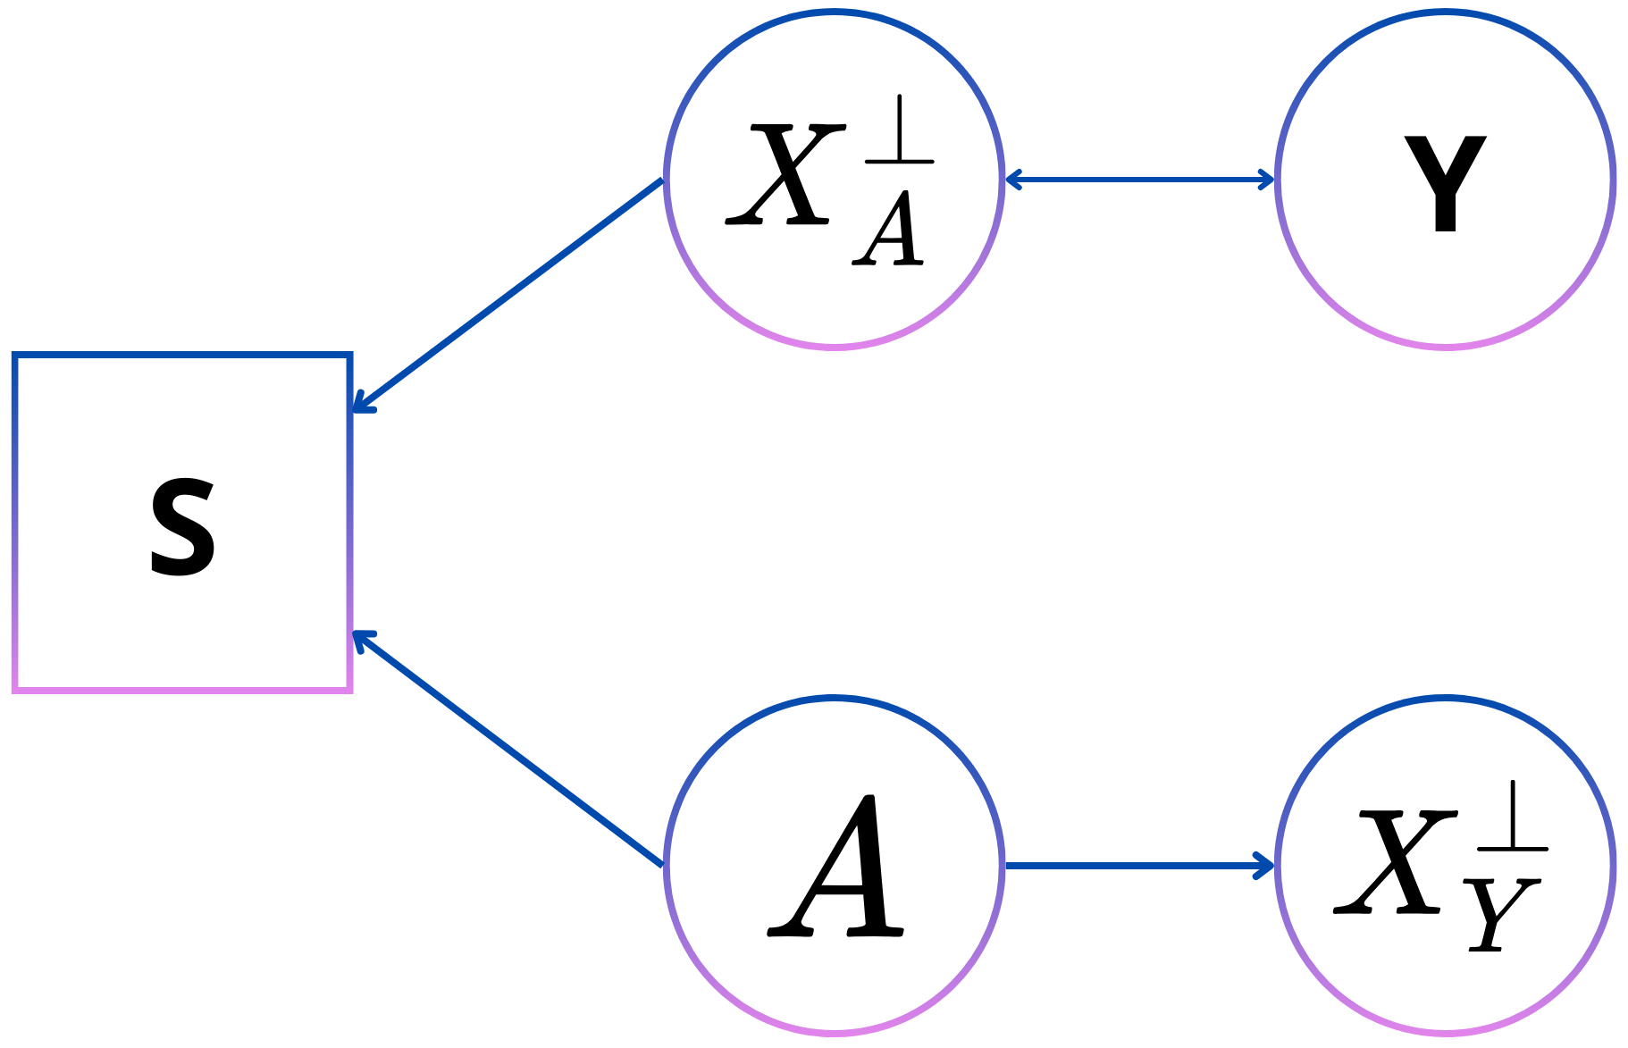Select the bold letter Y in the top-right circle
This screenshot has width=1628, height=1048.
pos(1445,185)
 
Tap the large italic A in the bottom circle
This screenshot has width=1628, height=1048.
pos(836,867)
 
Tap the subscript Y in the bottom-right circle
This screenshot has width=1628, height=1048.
pos(1500,916)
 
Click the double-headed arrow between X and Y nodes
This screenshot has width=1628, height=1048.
pos(1139,180)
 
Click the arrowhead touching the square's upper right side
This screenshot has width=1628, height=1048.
pos(360,405)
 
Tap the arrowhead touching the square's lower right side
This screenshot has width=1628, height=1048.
pos(360,639)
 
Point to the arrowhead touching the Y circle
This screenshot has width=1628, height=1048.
pos(1266,180)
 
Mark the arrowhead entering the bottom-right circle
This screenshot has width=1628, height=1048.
pos(1265,865)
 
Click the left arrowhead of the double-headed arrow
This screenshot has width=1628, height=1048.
pos(1013,180)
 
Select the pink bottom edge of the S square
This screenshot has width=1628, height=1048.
pos(182,689)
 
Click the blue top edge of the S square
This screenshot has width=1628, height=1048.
pos(182,356)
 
